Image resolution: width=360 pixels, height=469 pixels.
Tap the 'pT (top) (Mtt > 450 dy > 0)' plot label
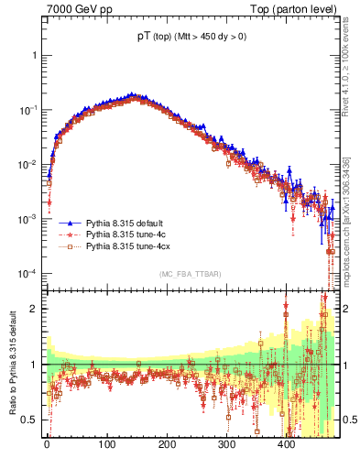(190, 38)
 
